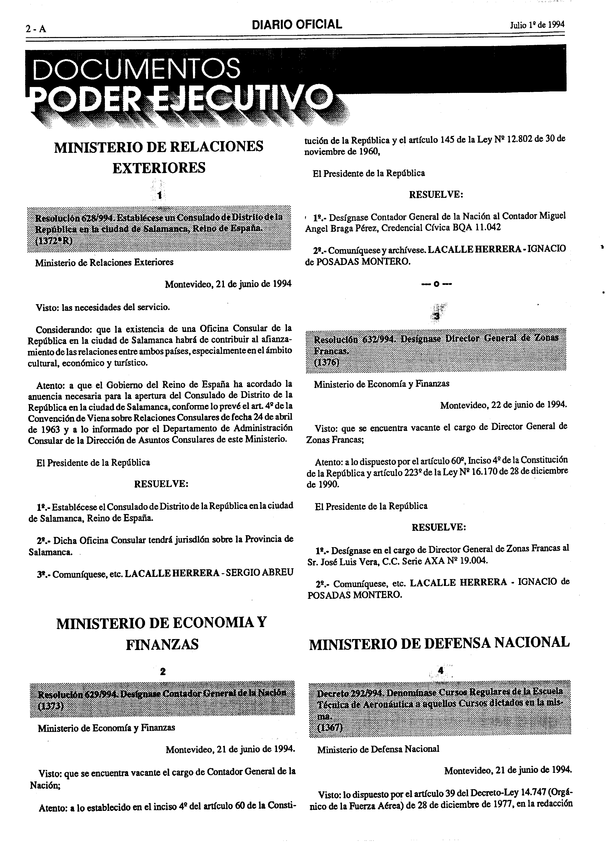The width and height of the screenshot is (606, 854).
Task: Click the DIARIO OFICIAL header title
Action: pos(297,25)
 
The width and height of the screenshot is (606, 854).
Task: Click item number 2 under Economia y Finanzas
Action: pos(162,671)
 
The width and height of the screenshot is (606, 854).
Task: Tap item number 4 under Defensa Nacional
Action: pos(440,670)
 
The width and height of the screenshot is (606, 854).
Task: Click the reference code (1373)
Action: pos(51,706)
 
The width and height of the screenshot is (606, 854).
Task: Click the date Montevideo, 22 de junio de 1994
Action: pos(503,405)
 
